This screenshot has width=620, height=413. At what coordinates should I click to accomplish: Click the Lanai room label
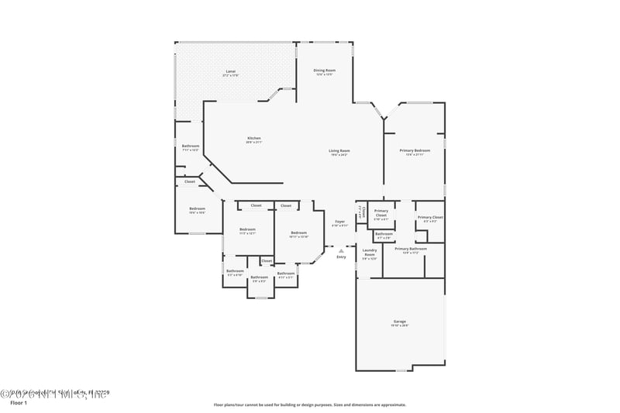[230, 72]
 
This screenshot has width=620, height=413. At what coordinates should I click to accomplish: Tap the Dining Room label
[324, 71]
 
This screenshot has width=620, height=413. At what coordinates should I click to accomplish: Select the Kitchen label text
[253, 139]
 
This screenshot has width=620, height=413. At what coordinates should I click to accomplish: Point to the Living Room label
[339, 152]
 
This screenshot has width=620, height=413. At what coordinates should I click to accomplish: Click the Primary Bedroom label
[415, 151]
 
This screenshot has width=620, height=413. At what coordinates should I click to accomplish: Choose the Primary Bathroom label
[411, 250]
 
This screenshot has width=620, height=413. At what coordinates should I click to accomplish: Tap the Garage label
[400, 322]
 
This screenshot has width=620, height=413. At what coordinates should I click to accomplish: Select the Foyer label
[339, 222]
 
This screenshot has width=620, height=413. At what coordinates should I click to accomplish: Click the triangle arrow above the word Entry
[341, 250]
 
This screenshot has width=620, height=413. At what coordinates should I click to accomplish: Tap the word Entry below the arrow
[341, 257]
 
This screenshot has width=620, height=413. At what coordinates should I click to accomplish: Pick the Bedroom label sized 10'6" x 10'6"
[198, 209]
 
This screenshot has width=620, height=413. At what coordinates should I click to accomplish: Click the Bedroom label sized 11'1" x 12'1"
[247, 230]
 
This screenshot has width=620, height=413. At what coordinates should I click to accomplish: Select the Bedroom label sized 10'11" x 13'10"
[298, 234]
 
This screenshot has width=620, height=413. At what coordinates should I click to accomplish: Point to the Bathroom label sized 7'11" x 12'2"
[191, 147]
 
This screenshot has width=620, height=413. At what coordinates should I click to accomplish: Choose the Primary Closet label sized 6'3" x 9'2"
[430, 219]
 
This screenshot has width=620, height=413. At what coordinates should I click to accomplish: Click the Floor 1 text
[19, 404]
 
